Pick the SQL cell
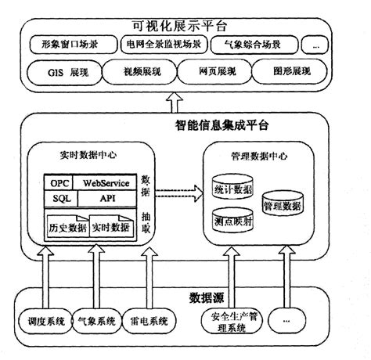coord(61,199)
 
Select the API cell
coord(106,199)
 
